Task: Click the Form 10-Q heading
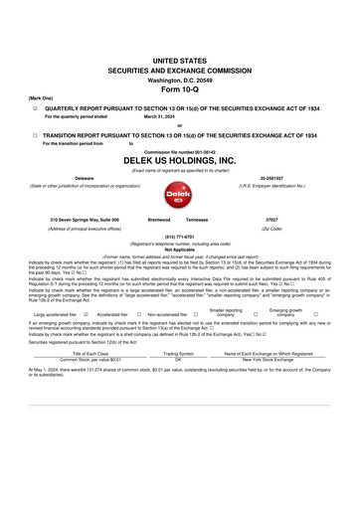tap(179, 89)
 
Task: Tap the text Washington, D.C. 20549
tap(179, 79)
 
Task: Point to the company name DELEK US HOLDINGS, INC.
tap(179, 159)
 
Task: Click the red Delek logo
tap(179, 194)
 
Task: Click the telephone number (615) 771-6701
tap(179, 237)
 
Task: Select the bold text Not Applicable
tap(179, 250)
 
